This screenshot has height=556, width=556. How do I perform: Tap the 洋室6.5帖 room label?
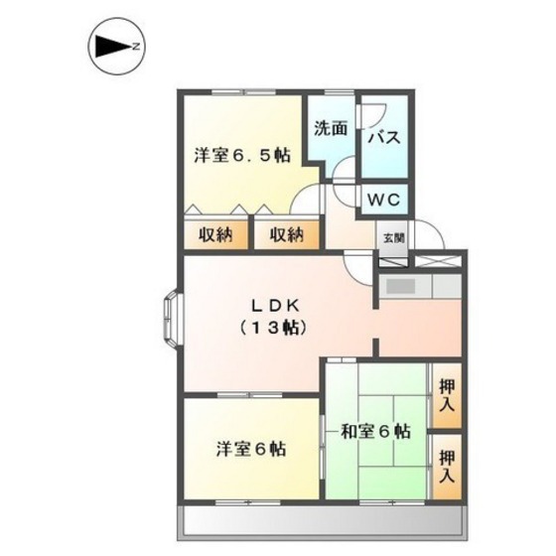pos(242,155)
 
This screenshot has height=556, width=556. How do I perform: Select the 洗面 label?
pos(331,128)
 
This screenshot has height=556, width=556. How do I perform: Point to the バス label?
pos(384,138)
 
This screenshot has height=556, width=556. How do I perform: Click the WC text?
pos(384,200)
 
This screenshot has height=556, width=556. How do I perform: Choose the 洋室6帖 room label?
pos(251,449)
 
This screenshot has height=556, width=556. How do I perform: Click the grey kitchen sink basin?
pos(401,287)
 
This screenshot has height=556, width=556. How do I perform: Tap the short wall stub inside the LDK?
pos(374,347)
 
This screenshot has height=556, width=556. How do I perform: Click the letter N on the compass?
pos(139,45)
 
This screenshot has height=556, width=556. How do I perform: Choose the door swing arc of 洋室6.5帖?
pos(305,205)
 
